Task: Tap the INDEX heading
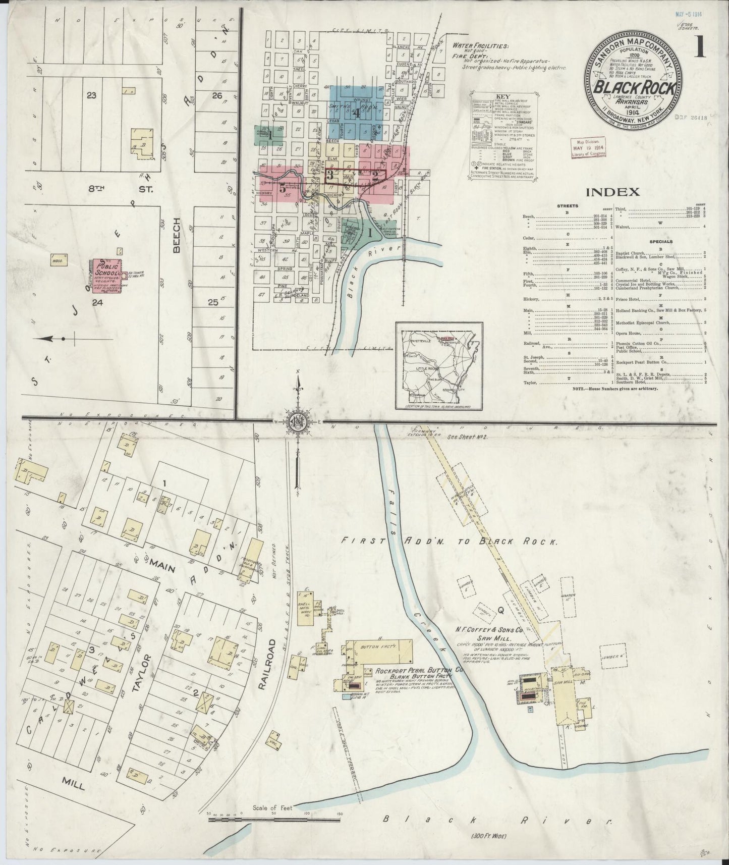[612, 192]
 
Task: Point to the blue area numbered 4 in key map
[356, 113]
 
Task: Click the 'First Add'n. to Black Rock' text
[449, 542]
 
